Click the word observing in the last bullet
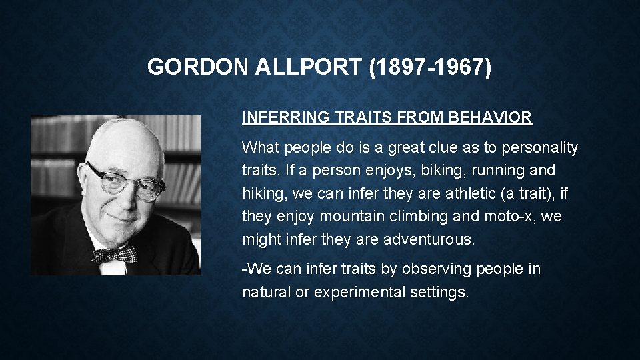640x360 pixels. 440,269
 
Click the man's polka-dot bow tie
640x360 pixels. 114,255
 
